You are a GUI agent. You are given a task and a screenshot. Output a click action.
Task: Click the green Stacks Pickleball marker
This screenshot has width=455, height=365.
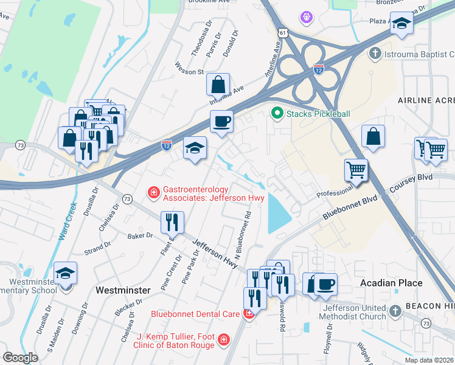(x=277, y=113)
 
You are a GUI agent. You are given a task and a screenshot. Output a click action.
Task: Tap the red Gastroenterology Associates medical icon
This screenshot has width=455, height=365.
(x=153, y=193)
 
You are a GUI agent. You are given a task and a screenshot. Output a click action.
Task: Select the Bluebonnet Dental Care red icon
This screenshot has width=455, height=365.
(x=248, y=314)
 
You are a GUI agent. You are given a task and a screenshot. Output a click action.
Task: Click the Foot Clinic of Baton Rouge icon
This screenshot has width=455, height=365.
(x=224, y=339)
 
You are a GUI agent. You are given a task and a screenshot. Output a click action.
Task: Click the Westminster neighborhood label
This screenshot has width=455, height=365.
(x=123, y=291)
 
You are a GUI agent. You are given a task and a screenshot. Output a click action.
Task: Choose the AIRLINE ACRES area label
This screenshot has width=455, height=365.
(x=426, y=100)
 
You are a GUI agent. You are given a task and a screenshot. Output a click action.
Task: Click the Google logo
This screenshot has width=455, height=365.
(x=21, y=357)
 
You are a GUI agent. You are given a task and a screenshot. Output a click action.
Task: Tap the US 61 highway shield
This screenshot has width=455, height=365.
(x=280, y=31)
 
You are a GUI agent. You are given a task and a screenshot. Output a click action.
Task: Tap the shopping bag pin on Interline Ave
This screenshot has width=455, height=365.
(x=218, y=85)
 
